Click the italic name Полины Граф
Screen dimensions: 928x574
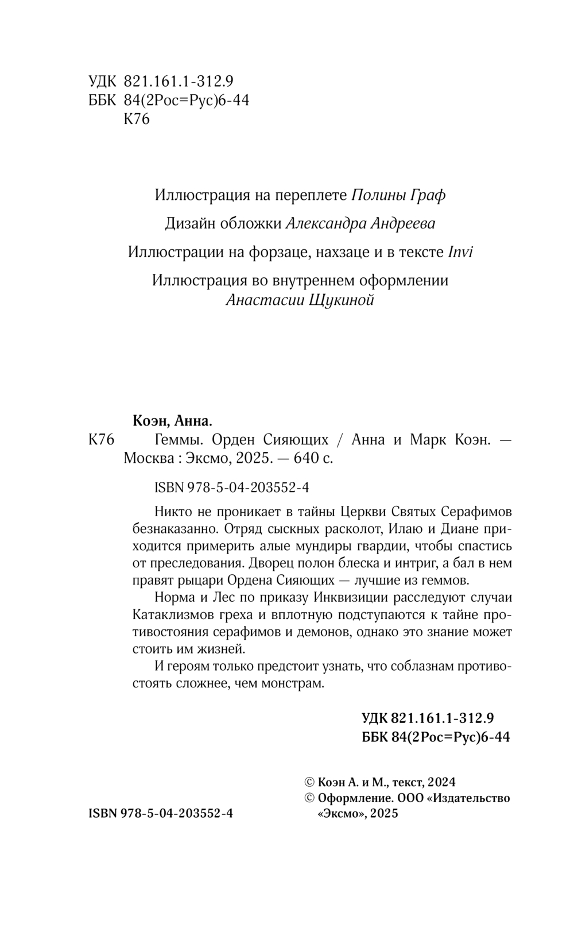(398, 195)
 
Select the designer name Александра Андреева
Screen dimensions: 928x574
(360, 223)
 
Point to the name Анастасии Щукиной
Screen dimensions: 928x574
(300, 300)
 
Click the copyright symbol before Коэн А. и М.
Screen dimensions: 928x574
(309, 782)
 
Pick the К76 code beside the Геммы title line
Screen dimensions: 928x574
(103, 440)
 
